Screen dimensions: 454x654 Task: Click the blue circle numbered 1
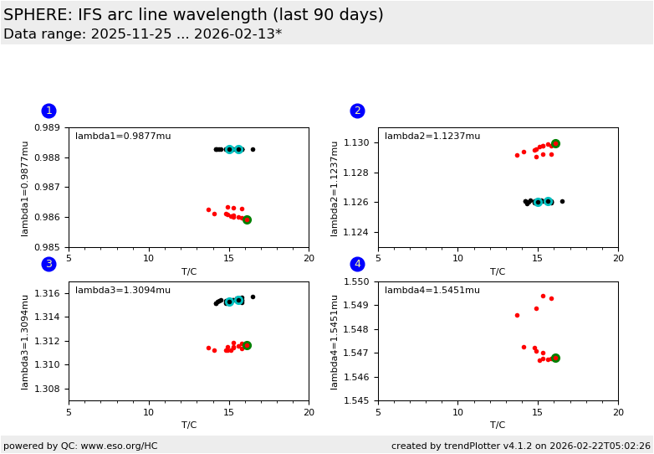(x=49, y=111)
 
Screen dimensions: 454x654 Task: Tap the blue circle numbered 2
(x=357, y=111)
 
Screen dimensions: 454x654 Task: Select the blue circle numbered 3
(x=49, y=264)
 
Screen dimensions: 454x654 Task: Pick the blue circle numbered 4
(x=357, y=264)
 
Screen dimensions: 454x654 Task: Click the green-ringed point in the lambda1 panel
(x=247, y=219)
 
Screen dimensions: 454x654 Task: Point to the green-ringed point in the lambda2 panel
(x=555, y=144)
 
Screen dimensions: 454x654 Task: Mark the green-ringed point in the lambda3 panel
(x=247, y=345)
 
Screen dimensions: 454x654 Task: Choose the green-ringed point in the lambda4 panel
(x=555, y=358)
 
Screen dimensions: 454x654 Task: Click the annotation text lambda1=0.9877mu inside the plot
(x=123, y=137)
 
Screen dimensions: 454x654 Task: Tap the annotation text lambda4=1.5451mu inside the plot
(x=432, y=291)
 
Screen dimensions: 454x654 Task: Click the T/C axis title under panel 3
(x=189, y=425)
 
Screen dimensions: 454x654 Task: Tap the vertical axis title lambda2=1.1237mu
(x=335, y=188)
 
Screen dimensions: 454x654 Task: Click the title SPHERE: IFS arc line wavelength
(x=193, y=15)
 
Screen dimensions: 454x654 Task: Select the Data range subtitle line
(x=142, y=34)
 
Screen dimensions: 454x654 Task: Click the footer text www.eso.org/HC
(x=116, y=446)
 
